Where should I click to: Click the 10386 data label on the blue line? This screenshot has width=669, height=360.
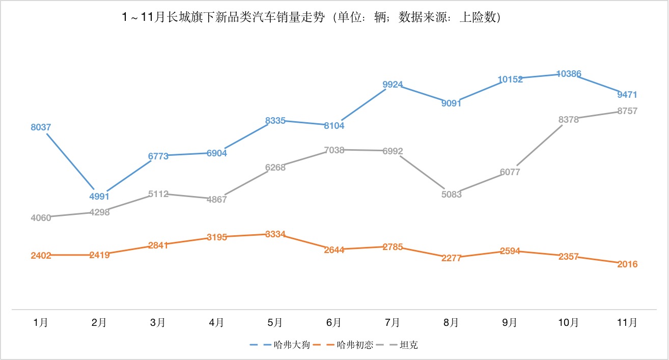coord(569,74)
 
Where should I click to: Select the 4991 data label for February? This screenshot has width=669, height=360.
coord(99,197)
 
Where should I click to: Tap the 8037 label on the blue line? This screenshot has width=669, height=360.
coord(41,127)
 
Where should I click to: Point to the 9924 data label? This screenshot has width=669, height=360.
coord(393,85)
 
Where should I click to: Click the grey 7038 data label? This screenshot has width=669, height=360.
coord(334,150)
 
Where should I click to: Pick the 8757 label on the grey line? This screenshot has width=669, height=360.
coord(627,111)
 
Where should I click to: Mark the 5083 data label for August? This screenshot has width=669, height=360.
coord(451,194)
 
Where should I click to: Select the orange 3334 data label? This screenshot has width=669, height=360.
coord(275,234)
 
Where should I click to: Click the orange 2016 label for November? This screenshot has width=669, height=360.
coord(627,264)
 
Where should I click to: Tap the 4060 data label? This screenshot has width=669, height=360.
coord(41,218)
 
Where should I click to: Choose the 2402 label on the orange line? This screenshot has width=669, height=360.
coord(41,256)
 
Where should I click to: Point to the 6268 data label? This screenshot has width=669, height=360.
coord(275,168)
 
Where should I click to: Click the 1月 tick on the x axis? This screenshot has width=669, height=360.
coord(41,322)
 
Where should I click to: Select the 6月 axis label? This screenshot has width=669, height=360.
coord(334,322)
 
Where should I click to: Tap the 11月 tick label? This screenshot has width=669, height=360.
coord(627,322)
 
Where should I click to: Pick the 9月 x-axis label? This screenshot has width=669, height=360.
coord(510,322)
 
